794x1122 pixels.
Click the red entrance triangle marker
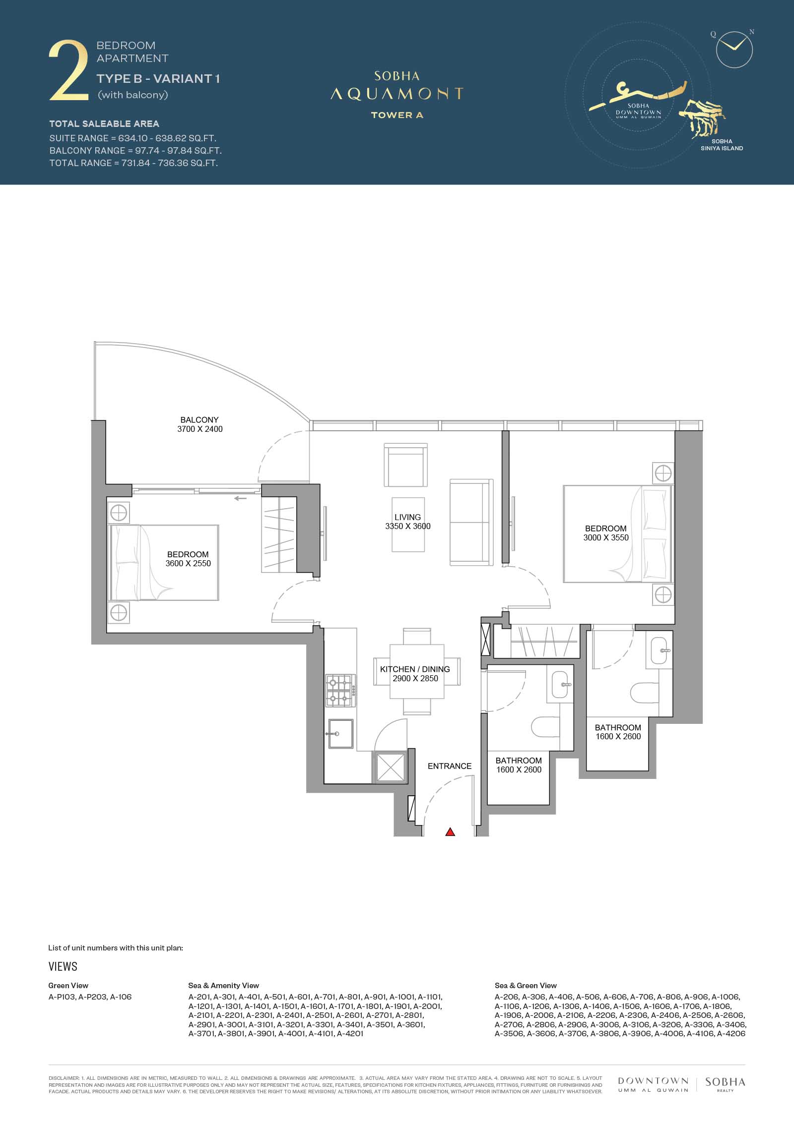pos(450,832)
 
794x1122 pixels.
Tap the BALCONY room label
pos(199,419)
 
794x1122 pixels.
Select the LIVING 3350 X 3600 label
pos(408,522)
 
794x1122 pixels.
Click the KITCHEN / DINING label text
pos(415,669)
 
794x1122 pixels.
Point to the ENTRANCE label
pos(450,766)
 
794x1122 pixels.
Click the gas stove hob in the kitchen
pos(340,691)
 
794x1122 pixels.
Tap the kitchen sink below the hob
pos(340,734)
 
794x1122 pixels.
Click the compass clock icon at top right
pos(734,50)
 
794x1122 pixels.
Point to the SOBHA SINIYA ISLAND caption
pos(722,145)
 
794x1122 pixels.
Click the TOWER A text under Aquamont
pos(397,115)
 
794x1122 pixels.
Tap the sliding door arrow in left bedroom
pos(241,498)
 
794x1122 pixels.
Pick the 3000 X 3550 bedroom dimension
pos(606,537)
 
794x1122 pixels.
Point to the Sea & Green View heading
pos(526,971)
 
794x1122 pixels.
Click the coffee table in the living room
pos(408,525)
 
